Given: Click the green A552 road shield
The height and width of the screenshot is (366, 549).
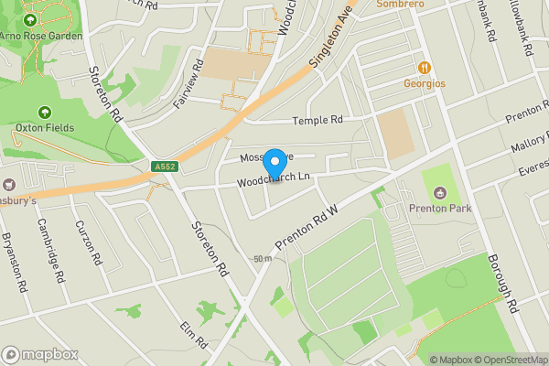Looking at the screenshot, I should coord(164,167).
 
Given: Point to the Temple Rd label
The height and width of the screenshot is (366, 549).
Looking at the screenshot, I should coord(317,121).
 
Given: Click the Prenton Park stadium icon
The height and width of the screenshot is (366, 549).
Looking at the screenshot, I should coord(441,193).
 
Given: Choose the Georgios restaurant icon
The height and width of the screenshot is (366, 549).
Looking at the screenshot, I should coord(425,68).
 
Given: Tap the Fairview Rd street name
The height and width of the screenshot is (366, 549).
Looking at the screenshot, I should coord(187,90).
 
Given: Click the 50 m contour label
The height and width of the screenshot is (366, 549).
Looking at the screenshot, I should coord(264,259).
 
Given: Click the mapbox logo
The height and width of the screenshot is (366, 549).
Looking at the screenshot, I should coord(40,354).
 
